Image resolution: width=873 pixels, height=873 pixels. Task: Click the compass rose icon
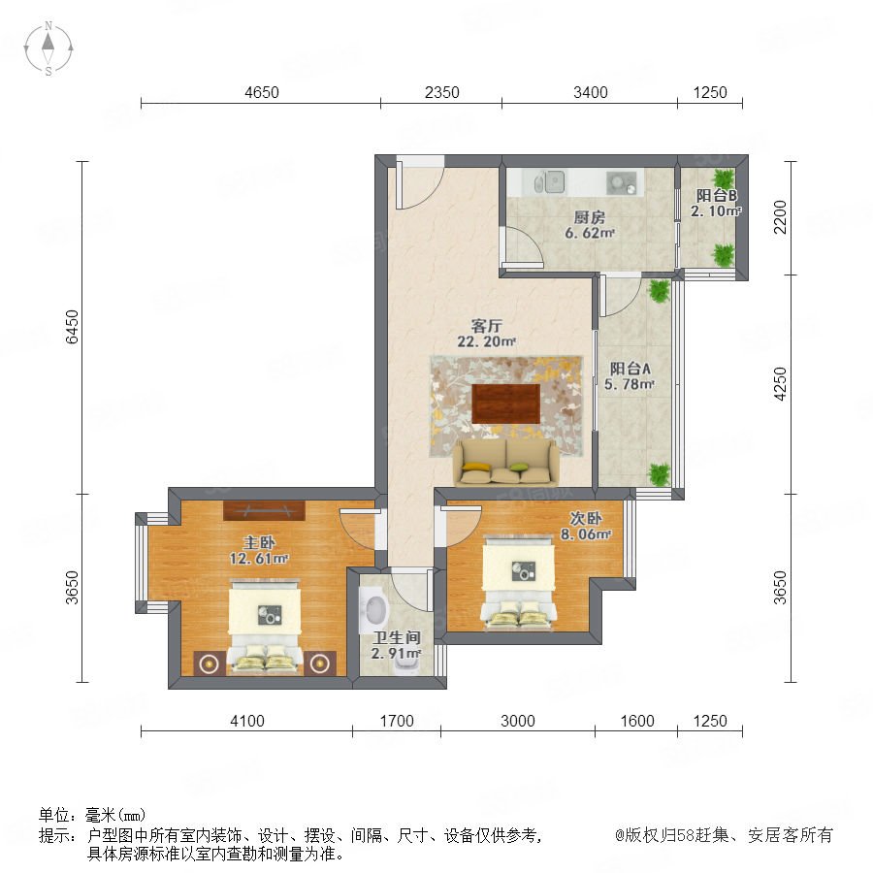[48, 48]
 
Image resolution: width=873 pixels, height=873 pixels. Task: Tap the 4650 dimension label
[262, 92]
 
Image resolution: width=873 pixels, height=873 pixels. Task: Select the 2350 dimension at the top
[441, 92]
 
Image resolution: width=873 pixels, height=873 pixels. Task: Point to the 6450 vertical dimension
[73, 327]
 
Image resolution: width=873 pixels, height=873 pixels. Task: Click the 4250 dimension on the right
[780, 383]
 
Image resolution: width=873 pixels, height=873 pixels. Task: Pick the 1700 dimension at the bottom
[397, 721]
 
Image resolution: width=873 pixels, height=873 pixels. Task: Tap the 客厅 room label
[487, 326]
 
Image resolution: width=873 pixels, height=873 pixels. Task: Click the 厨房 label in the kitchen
[589, 217]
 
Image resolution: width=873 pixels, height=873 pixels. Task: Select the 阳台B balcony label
[716, 195]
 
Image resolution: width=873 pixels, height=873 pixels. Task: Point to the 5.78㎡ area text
[630, 383]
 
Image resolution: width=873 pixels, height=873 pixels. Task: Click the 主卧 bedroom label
[259, 542]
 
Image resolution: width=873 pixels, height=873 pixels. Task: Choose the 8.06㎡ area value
[585, 534]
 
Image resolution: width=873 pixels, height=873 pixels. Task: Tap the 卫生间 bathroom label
[396, 637]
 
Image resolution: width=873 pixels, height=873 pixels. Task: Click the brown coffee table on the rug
[505, 404]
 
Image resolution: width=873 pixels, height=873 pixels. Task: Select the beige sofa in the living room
[505, 463]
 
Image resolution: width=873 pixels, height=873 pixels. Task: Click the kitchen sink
[549, 182]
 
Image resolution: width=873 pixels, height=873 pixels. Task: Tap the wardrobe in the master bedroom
[264, 510]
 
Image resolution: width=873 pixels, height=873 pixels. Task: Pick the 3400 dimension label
[590, 92]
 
